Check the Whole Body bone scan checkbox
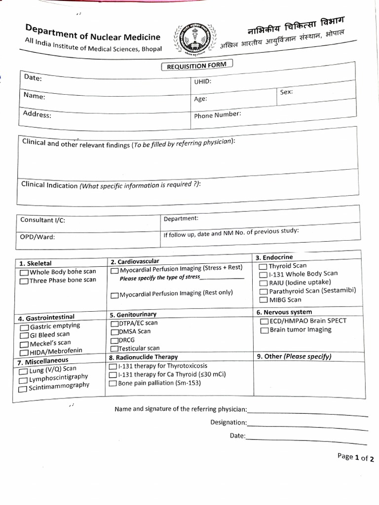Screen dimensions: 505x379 tap(24, 272)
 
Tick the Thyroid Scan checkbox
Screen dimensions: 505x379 tap(263, 267)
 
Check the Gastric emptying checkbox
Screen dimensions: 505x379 tap(24, 327)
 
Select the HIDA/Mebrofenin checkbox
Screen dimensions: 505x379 tap(24, 352)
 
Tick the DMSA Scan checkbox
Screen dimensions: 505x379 tap(114, 332)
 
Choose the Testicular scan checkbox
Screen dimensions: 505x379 tap(114, 349)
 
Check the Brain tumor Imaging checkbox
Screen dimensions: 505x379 tap(264, 330)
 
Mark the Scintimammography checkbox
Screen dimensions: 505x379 tap(23, 389)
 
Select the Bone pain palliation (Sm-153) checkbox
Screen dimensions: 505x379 tap(113, 383)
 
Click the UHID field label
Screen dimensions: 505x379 tap(202, 82)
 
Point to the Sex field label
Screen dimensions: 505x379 tap(286, 92)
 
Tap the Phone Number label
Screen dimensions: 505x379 tap(217, 115)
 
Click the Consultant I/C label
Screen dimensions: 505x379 tap(42, 220)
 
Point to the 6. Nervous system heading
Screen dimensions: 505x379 tap(284, 312)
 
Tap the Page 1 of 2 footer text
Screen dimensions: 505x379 tap(355, 457)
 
